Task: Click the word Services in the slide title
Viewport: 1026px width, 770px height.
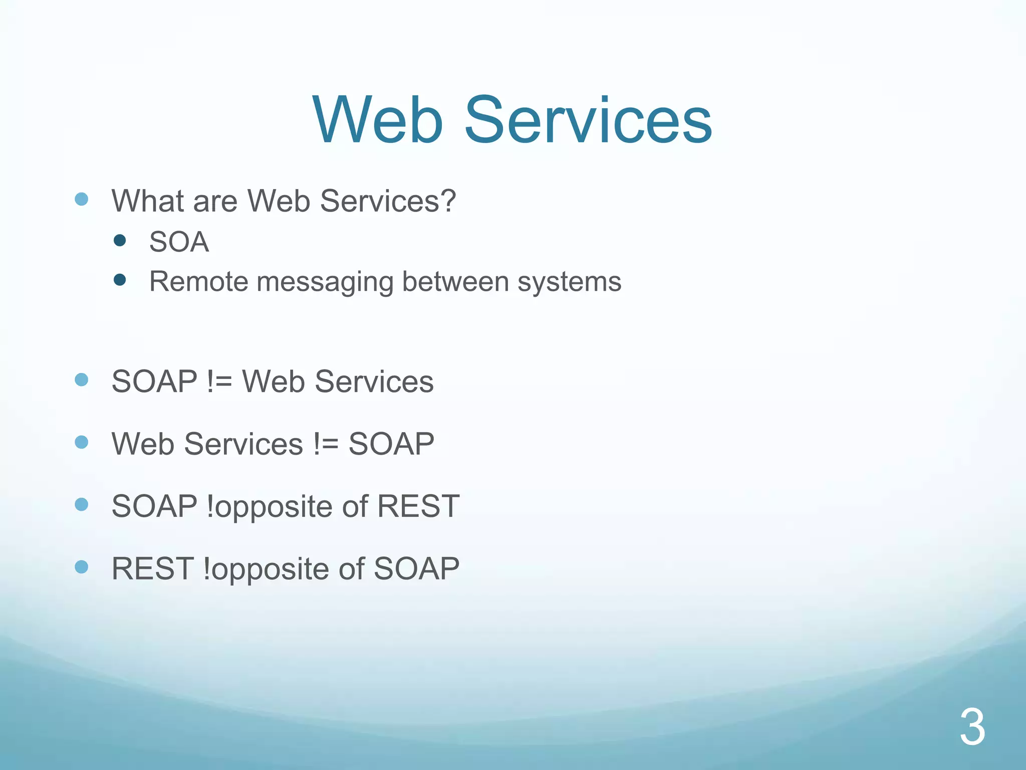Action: pos(588,120)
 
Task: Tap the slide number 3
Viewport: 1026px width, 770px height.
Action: pos(972,727)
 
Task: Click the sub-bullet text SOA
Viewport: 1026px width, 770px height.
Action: pos(179,242)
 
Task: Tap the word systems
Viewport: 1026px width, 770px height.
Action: pos(569,282)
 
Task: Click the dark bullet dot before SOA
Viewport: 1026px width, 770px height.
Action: pos(120,241)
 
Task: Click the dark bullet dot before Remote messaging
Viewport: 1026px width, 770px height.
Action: pos(120,280)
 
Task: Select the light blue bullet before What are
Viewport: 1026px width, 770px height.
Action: pos(81,200)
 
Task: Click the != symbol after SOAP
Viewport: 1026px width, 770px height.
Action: pos(219,381)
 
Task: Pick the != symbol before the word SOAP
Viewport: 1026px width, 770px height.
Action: pos(326,444)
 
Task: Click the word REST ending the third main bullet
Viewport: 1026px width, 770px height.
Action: pos(418,506)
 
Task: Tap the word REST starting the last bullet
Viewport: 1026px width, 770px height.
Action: pos(152,568)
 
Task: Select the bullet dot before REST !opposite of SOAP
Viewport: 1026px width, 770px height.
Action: pos(81,567)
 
